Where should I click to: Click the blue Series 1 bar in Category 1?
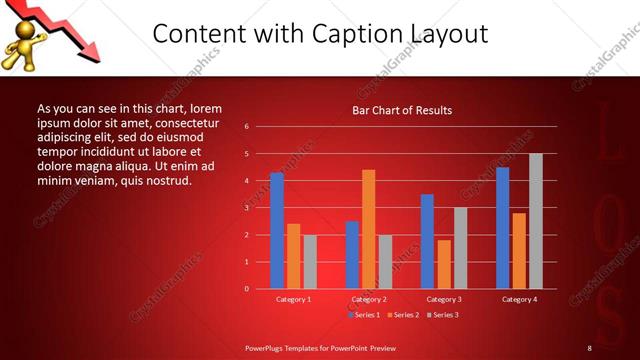277,230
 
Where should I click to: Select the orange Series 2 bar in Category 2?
368,229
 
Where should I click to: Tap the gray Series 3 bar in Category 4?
536,221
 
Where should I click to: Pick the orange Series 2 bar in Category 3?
444,264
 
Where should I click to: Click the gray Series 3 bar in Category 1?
310,261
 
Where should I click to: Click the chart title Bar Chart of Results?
402,110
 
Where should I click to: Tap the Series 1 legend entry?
362,315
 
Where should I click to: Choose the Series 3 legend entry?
442,315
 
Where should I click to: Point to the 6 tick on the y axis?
246,127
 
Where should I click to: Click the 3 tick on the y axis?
246,208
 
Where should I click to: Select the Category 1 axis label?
293,299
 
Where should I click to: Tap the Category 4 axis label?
519,299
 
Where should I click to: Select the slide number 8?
589,347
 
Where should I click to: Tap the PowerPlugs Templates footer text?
321,347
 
